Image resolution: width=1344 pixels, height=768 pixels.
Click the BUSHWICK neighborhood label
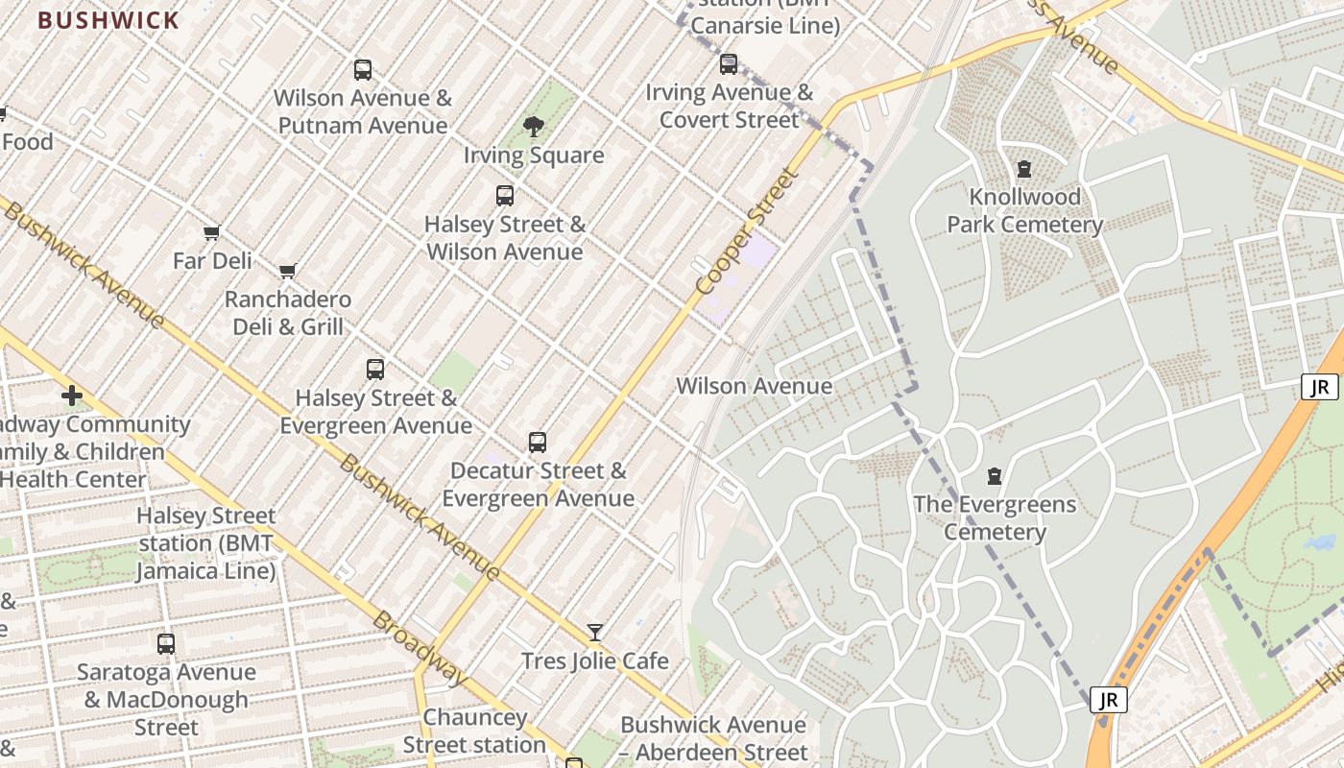(108, 20)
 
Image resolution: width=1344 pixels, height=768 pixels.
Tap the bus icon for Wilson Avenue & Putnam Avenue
(362, 69)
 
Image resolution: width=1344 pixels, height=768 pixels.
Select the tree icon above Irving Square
(534, 127)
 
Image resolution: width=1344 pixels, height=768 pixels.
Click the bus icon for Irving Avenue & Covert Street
(729, 64)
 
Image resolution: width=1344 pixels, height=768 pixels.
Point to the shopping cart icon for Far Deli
(212, 232)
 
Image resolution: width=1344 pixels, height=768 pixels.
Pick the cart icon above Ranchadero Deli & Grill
(287, 271)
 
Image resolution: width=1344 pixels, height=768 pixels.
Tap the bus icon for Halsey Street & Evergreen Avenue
(375, 370)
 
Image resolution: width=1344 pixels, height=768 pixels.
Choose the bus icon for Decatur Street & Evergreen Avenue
(538, 443)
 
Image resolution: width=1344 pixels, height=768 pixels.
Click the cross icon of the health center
(72, 396)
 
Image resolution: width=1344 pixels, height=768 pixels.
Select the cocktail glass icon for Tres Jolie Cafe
(595, 632)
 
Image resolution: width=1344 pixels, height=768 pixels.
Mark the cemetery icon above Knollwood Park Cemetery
(1024, 169)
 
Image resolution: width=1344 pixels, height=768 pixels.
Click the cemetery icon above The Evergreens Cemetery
(995, 476)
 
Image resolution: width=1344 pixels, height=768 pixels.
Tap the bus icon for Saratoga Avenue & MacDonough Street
(166, 644)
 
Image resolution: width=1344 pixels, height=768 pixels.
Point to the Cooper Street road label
(748, 232)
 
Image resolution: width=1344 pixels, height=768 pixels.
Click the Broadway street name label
(420, 649)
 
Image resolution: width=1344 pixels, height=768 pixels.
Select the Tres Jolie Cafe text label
(595, 661)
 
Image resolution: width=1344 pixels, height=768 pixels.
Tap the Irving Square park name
(534, 156)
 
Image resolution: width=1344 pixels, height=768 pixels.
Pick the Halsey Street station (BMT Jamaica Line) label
(205, 543)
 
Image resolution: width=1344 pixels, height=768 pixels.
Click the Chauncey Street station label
(474, 732)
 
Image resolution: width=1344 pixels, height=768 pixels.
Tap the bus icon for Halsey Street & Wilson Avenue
(505, 196)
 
